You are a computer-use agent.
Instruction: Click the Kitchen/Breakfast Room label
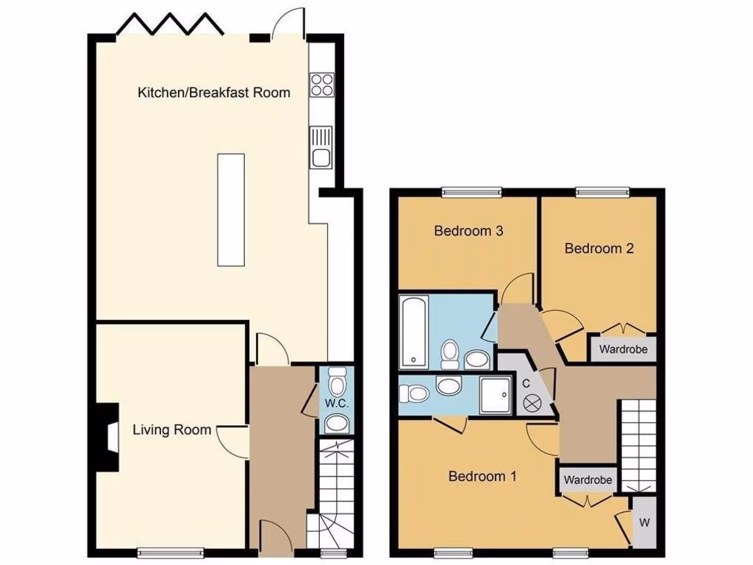pos(213,93)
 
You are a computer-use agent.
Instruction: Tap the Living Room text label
pos(172,430)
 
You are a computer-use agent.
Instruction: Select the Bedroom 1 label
pos(482,477)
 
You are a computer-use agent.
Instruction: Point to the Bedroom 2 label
pos(599,249)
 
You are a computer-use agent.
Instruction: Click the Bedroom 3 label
pos(468,231)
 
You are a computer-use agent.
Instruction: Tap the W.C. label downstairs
pos(336,404)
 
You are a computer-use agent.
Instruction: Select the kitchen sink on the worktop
pos(321,147)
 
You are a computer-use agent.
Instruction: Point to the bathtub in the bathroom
pos(413,332)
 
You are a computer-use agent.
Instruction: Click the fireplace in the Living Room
pos(108,436)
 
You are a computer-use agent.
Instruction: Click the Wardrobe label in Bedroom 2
pos(623,349)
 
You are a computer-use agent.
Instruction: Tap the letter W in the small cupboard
pos(644,523)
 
